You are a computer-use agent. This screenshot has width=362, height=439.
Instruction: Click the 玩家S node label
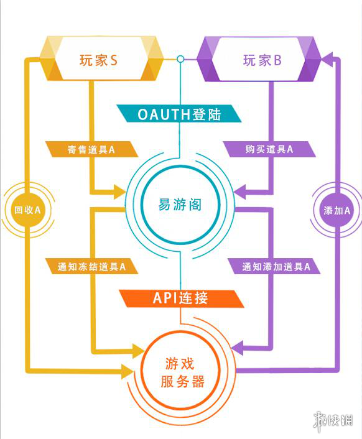pyautogui.click(x=98, y=60)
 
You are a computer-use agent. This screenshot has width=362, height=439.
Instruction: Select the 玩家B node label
pyautogui.click(x=262, y=60)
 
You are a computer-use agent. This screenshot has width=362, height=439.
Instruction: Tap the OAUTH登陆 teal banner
pyautogui.click(x=179, y=114)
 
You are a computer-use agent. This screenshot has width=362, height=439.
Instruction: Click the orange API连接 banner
pyautogui.click(x=182, y=298)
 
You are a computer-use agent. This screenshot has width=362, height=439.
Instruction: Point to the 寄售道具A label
pyautogui.click(x=91, y=149)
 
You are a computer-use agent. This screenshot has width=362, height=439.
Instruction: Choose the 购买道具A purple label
pyautogui.click(x=269, y=149)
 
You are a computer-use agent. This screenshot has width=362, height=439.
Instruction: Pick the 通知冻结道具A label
pyautogui.click(x=91, y=266)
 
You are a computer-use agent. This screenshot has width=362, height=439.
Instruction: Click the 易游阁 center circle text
pyautogui.click(x=180, y=205)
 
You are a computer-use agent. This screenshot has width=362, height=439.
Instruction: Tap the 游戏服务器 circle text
pyautogui.click(x=182, y=372)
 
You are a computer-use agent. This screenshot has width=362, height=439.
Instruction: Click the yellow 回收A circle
pyautogui.click(x=27, y=210)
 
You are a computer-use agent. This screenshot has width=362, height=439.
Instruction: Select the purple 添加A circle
pyautogui.click(x=336, y=210)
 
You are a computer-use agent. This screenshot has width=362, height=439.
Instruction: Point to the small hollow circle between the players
pyautogui.click(x=180, y=59)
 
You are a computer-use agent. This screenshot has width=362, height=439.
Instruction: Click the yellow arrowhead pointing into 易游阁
pyautogui.click(x=120, y=192)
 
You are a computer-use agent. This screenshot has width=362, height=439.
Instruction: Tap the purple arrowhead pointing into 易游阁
pyautogui.click(x=240, y=192)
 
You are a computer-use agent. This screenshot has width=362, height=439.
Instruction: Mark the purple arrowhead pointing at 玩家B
pyautogui.click(x=327, y=59)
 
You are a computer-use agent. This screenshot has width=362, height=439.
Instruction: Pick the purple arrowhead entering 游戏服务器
pyautogui.click(x=238, y=348)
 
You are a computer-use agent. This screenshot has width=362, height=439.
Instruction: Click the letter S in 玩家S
pyautogui.click(x=114, y=60)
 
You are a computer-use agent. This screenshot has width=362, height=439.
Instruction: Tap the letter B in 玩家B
pyautogui.click(x=277, y=60)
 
